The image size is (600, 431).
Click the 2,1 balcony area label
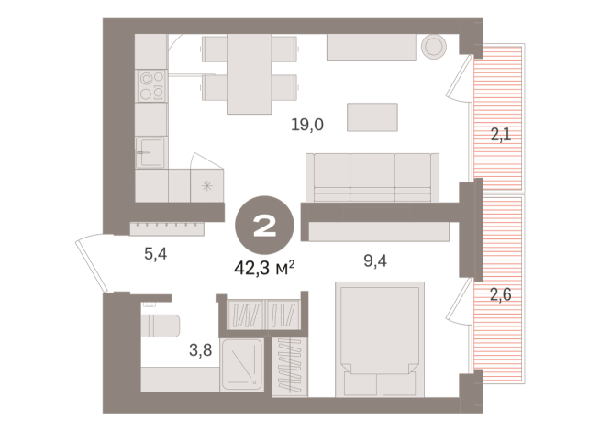point(500,137)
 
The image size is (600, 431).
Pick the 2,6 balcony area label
point(500,294)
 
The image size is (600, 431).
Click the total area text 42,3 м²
point(263,267)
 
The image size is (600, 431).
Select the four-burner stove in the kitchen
point(151,84)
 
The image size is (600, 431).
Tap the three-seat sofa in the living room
point(372,176)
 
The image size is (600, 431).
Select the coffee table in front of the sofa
point(372,117)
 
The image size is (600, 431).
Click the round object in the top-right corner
point(432,47)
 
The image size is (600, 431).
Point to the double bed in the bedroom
point(379,339)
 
